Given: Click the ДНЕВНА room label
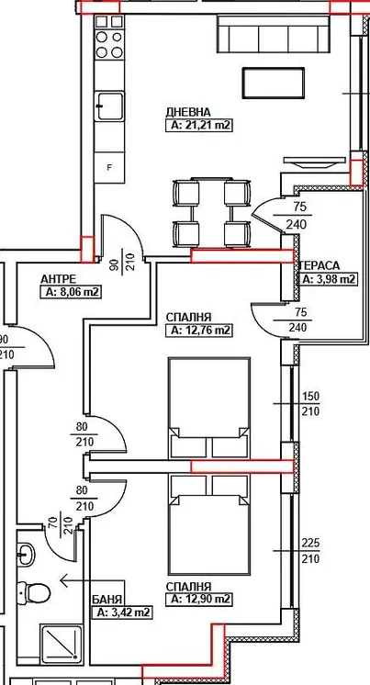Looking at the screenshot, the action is coord(188,112).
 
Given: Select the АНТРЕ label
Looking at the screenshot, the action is coord(59,279).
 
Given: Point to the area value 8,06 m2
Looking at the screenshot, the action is coord(71,292).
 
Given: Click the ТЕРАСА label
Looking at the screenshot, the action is coord(320,265).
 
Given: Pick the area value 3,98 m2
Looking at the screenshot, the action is coord(329,279).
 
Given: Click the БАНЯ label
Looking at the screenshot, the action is coord(107,600).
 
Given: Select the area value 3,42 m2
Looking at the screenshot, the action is coord(121,612).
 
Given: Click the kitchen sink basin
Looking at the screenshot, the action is coord(109,106).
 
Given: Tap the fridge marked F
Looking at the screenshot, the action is coord(109,167).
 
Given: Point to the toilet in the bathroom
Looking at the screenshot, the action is coord(33,592).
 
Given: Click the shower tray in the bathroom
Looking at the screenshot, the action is coord(61,645).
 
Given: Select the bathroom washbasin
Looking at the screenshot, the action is coord(26,555).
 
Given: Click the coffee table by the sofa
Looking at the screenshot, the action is coord(274,83).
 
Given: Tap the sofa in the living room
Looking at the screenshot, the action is coord(273,34).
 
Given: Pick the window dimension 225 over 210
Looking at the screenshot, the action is coord(310,550).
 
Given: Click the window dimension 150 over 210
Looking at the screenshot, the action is coord(310,404).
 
